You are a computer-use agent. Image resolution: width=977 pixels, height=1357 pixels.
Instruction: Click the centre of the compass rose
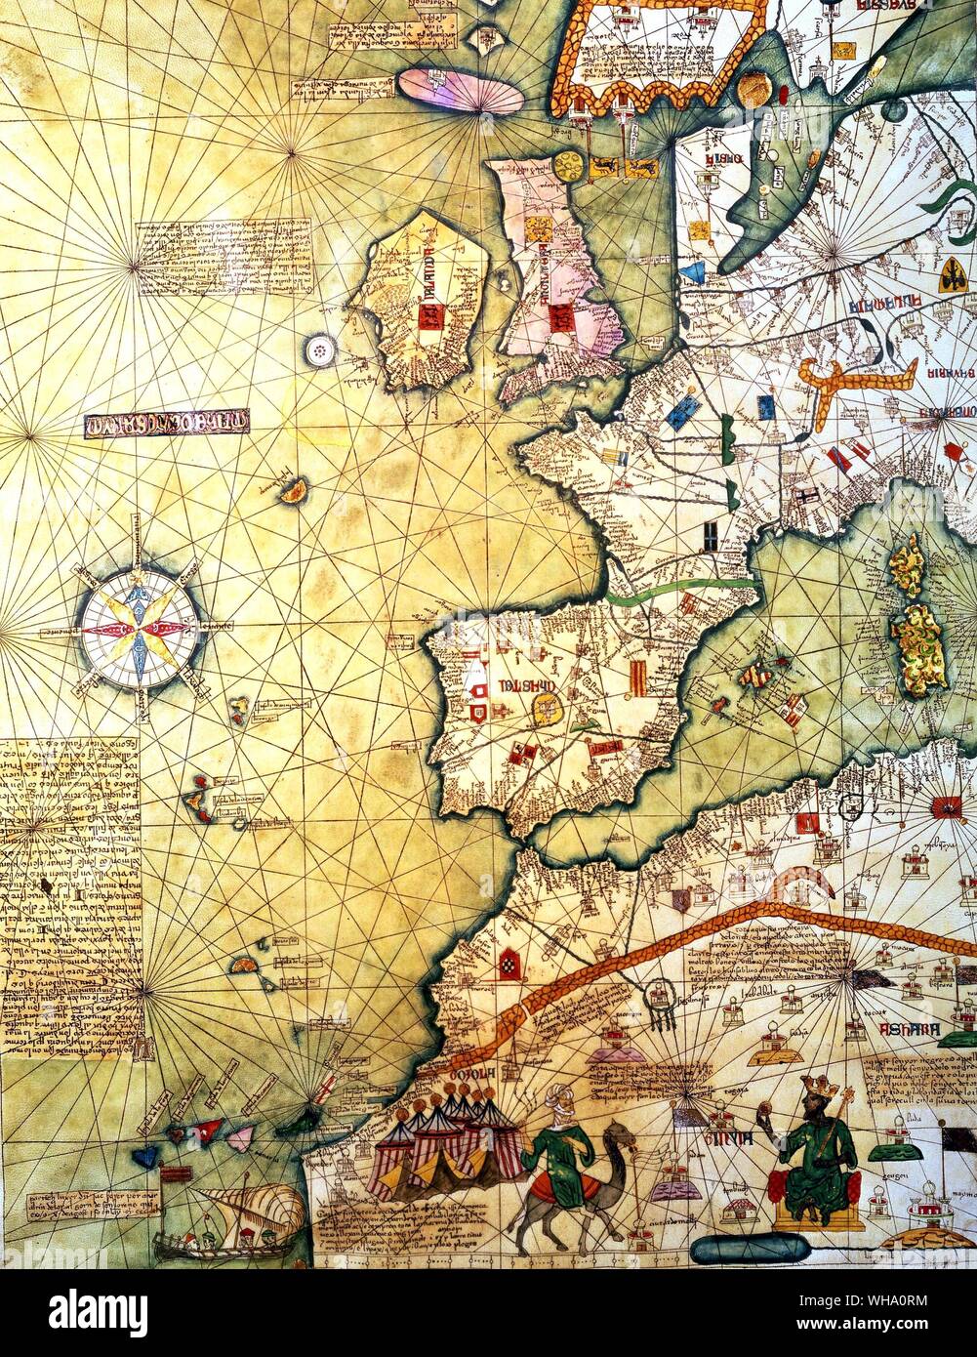[139, 630]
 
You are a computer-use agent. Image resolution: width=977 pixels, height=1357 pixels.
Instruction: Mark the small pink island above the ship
[240, 1135]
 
